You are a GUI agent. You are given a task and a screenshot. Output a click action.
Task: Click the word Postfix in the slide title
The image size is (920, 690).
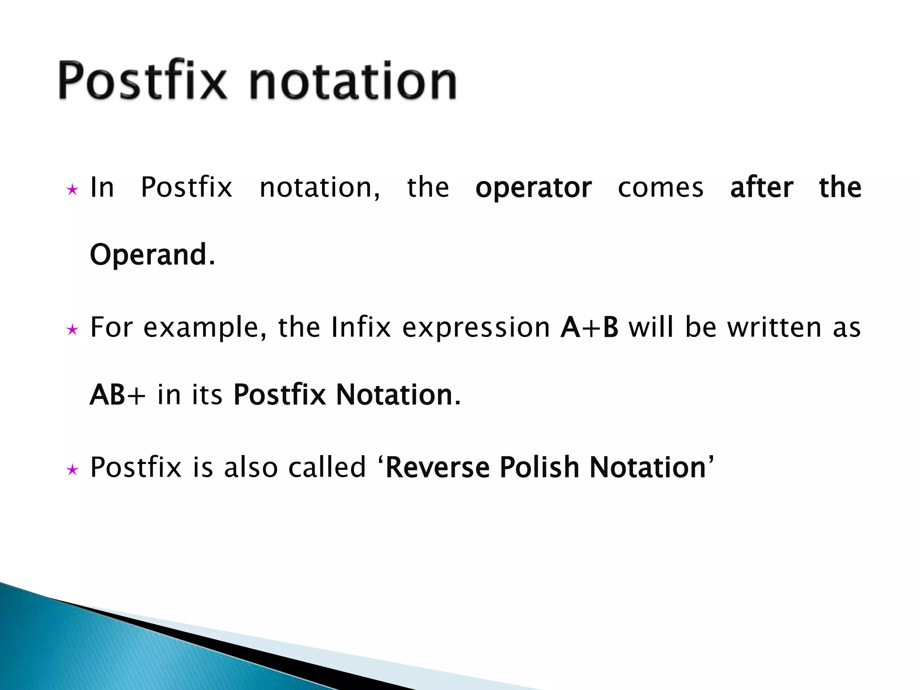click(142, 81)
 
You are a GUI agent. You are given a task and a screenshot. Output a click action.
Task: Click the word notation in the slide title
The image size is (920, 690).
click(353, 81)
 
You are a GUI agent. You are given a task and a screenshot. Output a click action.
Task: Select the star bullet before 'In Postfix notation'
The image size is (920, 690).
click(72, 190)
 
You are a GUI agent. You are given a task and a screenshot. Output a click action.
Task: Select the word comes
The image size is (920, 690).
click(660, 188)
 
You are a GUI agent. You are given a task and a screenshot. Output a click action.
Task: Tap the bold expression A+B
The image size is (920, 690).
click(589, 327)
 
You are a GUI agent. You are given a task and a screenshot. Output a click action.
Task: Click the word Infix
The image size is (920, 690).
click(361, 327)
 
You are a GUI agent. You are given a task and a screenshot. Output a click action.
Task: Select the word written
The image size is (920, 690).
click(775, 327)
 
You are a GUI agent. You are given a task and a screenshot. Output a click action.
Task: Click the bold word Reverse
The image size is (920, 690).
click(438, 467)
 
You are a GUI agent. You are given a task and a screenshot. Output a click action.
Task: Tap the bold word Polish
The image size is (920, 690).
click(539, 467)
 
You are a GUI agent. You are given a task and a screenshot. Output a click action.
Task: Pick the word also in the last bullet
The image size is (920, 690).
click(251, 467)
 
